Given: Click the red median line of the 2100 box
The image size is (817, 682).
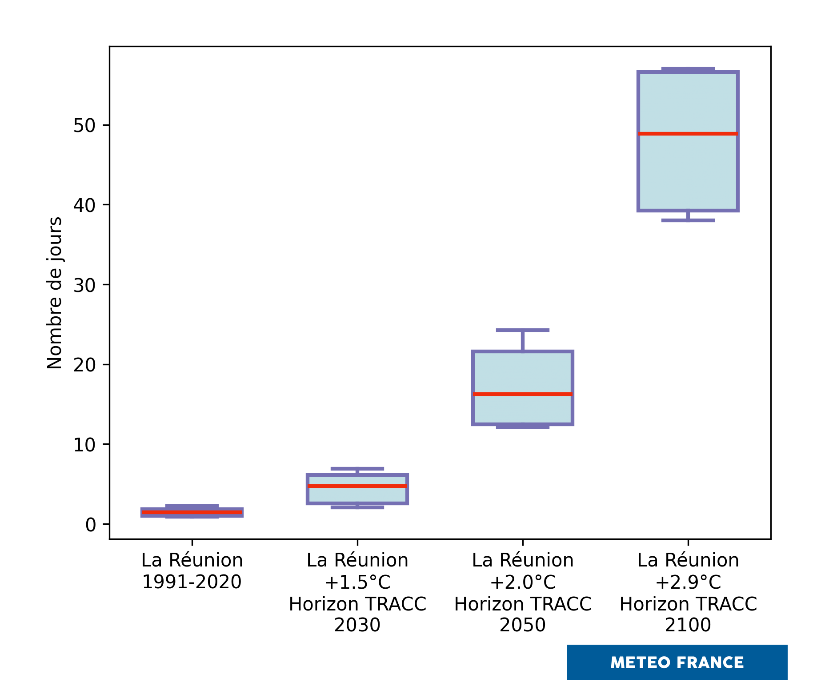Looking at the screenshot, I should [688, 133].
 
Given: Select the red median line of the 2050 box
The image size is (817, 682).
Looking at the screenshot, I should [522, 394].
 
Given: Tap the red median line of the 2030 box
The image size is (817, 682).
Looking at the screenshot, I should [357, 486].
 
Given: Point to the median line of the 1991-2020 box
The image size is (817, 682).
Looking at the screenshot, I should [192, 512].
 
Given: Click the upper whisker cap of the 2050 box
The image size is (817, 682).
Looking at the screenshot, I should [522, 330].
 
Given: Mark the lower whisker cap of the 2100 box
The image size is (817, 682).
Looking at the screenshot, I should [688, 220].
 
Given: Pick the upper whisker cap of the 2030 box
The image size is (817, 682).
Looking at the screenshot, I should [357, 469].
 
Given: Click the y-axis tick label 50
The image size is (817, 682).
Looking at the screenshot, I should [84, 126].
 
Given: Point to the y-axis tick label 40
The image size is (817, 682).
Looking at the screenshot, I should [84, 205].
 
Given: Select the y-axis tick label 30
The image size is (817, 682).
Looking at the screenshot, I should [84, 285].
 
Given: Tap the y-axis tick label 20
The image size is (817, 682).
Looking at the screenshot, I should [84, 365].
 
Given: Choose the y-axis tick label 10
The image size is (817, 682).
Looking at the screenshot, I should [84, 445].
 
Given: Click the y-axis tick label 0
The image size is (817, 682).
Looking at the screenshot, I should [91, 525].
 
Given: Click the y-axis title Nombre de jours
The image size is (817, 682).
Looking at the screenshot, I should [55, 293].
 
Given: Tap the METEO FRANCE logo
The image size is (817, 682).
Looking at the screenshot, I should [677, 662].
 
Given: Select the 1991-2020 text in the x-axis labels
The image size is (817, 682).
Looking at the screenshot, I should [192, 582].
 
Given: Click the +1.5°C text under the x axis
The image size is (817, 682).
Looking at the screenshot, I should [357, 582].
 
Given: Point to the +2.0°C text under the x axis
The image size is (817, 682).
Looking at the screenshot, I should [523, 582].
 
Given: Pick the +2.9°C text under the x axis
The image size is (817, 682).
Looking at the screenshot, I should [688, 582].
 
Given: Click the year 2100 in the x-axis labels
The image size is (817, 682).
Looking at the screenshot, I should [688, 625].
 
